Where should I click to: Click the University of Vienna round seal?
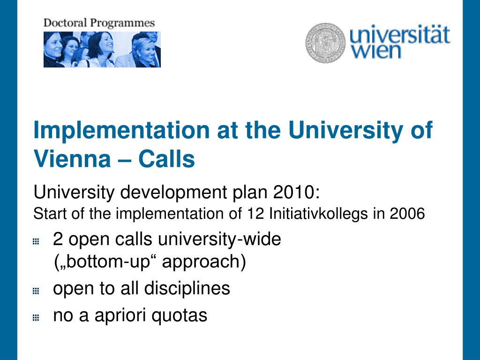325,43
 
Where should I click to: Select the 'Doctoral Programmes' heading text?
99,22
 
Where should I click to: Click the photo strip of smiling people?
102,49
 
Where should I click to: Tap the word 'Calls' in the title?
166,159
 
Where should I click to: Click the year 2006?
407,214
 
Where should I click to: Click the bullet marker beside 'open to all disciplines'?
36,291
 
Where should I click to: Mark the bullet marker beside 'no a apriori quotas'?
36,317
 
